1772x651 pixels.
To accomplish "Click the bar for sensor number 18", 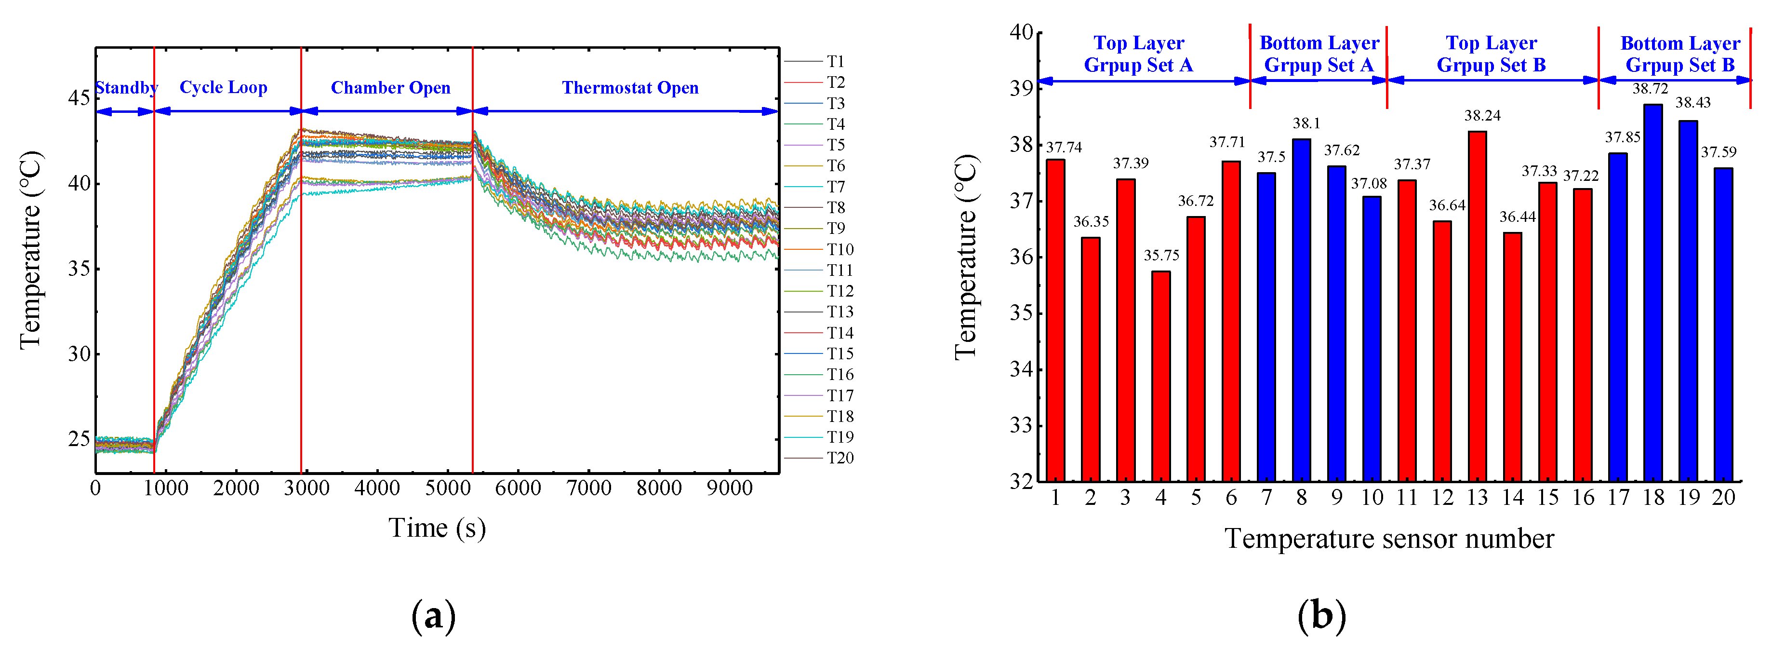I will (1653, 293).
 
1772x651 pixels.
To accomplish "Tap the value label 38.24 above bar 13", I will (1482, 116).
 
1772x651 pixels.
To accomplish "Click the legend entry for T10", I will (840, 249).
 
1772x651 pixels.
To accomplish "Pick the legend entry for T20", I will (840, 458).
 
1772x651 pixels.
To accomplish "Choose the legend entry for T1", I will (835, 61).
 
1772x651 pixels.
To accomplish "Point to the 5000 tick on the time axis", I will (447, 488).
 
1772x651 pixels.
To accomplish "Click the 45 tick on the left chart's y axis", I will (79, 98).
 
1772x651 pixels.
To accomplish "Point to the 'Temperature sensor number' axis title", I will (1389, 538).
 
